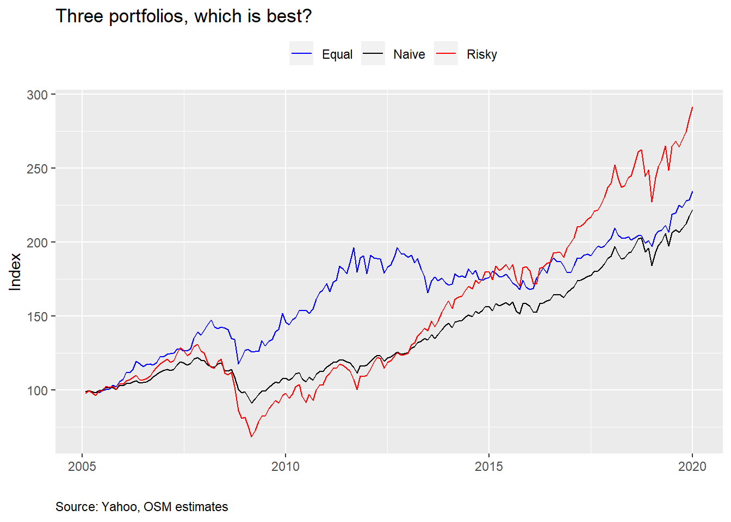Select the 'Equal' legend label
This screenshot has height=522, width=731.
pyautogui.click(x=337, y=54)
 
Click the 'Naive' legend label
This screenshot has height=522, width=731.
pyautogui.click(x=409, y=54)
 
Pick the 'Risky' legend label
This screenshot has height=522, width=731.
pyautogui.click(x=482, y=54)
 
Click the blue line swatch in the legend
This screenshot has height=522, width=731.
pyautogui.click(x=301, y=54)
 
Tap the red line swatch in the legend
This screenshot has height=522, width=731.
pyautogui.click(x=446, y=54)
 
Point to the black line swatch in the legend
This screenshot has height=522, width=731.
pyautogui.click(x=373, y=54)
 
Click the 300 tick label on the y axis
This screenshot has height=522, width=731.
pyautogui.click(x=37, y=95)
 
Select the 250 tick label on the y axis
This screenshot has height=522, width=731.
pyautogui.click(x=37, y=169)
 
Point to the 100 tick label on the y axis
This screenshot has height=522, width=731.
pyautogui.click(x=37, y=390)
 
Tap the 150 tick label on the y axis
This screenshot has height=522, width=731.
pyautogui.click(x=37, y=316)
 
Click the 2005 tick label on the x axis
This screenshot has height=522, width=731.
pyautogui.click(x=82, y=466)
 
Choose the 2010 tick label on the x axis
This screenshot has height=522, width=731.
pyautogui.click(x=286, y=466)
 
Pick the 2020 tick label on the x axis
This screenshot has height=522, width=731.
pyautogui.click(x=692, y=466)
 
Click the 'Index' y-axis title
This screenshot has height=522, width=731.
pyautogui.click(x=15, y=272)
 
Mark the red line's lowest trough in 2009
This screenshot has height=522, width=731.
pyautogui.click(x=251, y=437)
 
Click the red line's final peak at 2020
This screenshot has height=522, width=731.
pyautogui.click(x=692, y=107)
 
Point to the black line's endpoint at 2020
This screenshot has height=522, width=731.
pyautogui.click(x=692, y=210)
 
